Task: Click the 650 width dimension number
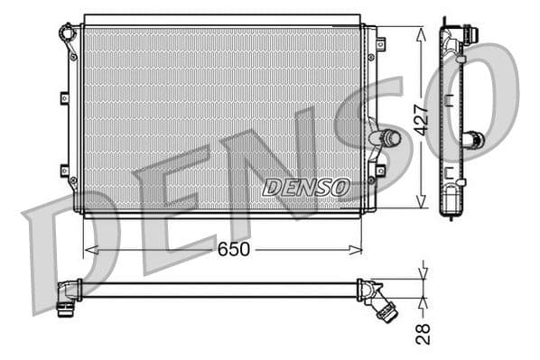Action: (232, 248)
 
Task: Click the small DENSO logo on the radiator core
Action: (306, 187)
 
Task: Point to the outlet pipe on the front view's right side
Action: (386, 138)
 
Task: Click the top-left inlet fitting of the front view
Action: (66, 33)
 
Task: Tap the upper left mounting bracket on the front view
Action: (64, 98)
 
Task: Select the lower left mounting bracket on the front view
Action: (64, 170)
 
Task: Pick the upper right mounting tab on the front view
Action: (380, 43)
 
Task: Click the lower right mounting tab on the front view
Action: (380, 170)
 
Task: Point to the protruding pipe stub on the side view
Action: (473, 140)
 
